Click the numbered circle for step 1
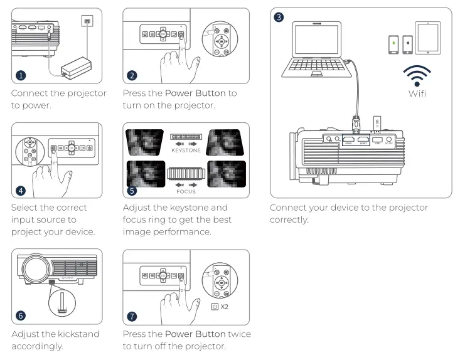[21, 75]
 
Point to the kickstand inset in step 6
[60, 308]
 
